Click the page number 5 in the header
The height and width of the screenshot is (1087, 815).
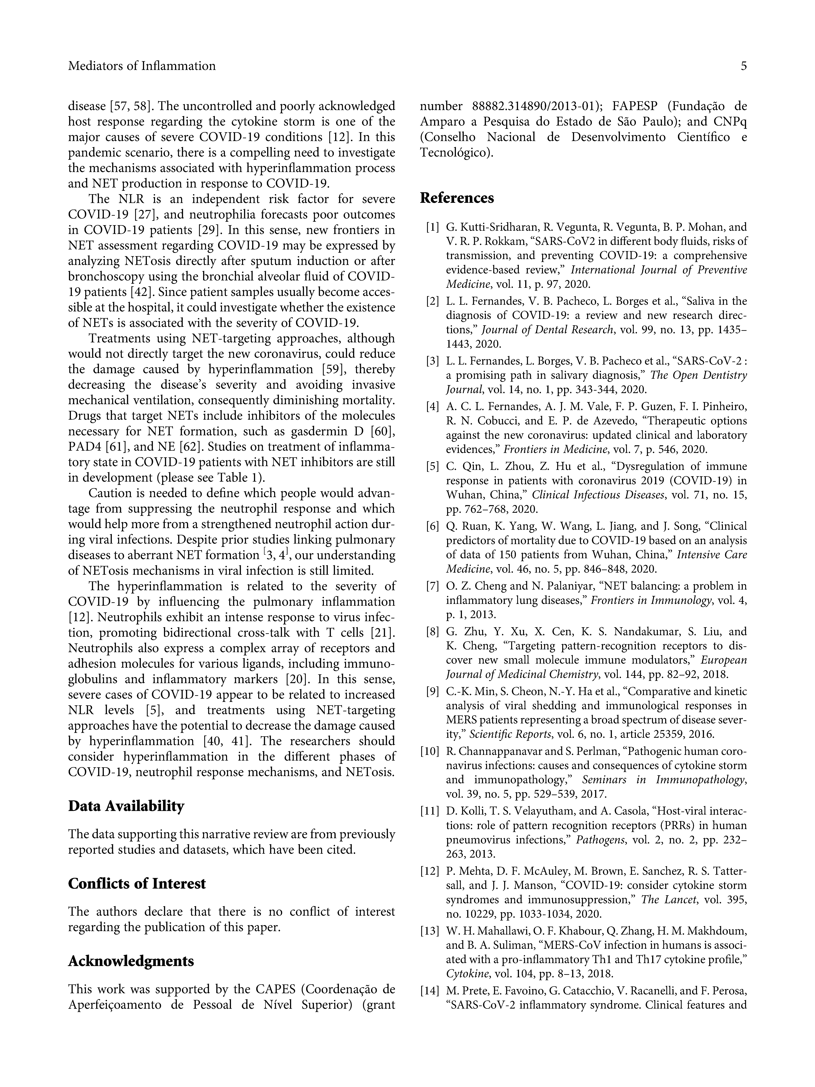(743, 66)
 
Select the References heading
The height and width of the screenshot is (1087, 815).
(457, 198)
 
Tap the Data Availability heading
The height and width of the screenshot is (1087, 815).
(126, 806)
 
